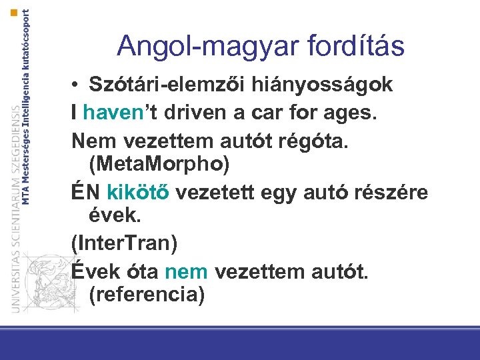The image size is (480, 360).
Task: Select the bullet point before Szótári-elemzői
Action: [77, 86]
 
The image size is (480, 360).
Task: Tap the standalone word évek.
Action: [111, 215]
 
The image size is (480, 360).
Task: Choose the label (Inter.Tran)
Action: [125, 243]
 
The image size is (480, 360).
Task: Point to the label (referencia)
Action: [146, 294]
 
